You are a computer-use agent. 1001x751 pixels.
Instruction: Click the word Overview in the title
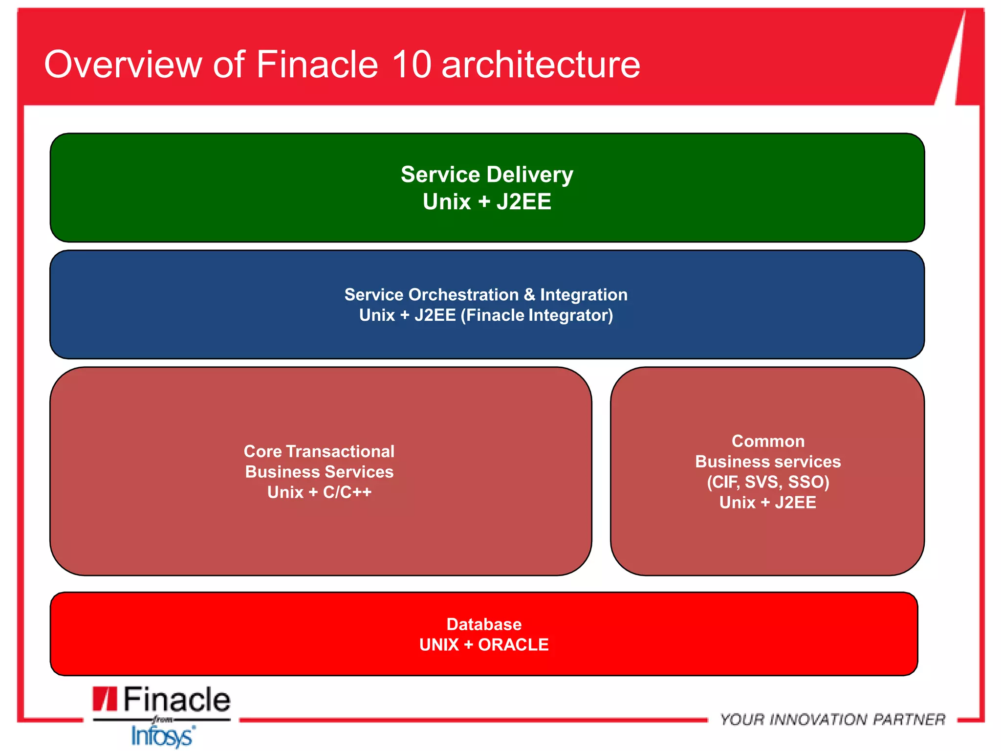tap(123, 65)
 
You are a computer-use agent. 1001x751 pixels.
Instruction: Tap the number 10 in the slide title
tap(412, 65)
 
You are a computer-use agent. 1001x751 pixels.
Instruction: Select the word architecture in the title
tap(541, 65)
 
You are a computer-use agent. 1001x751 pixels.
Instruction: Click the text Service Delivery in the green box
tap(487, 175)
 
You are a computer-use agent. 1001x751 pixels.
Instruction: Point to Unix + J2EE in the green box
tap(487, 202)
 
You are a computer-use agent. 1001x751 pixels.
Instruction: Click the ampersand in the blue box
tap(529, 295)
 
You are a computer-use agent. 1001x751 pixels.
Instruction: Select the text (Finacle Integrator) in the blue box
tap(537, 315)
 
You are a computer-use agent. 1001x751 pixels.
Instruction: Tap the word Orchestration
tap(463, 295)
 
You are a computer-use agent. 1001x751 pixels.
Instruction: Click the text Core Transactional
tap(319, 451)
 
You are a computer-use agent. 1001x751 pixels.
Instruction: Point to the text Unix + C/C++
tap(319, 492)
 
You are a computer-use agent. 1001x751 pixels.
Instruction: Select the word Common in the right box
tap(768, 441)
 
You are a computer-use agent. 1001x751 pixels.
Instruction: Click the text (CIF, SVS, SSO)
tap(768, 482)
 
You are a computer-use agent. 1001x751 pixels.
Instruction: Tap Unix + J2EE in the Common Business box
tap(768, 503)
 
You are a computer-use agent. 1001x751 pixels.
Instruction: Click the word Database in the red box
tap(484, 624)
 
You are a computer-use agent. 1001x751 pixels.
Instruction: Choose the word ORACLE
tap(513, 645)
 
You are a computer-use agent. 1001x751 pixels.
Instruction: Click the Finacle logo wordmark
tap(176, 700)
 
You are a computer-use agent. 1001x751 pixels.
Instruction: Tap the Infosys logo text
tap(163, 736)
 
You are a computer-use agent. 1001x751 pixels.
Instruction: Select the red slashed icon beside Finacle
tap(105, 699)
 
